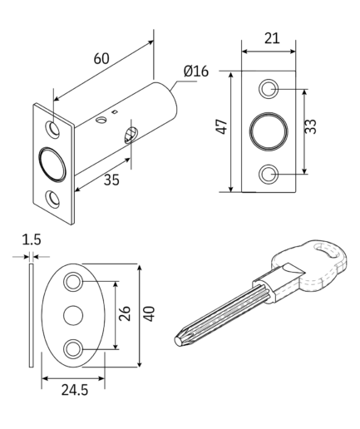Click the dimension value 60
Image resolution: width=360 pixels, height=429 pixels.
[101, 58]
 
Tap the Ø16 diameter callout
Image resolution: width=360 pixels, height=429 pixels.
[196, 71]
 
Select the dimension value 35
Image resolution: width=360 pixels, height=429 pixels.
[111, 180]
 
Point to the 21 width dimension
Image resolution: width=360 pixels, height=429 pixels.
[272, 38]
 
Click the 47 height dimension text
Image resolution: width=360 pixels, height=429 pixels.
[222, 127]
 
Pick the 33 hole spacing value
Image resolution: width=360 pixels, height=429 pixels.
[310, 126]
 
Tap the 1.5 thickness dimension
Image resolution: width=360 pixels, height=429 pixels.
[32, 239]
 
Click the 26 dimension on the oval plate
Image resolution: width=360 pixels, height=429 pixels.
[125, 313]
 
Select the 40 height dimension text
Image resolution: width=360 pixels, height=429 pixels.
[149, 314]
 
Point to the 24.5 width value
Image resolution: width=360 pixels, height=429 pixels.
[75, 390]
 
